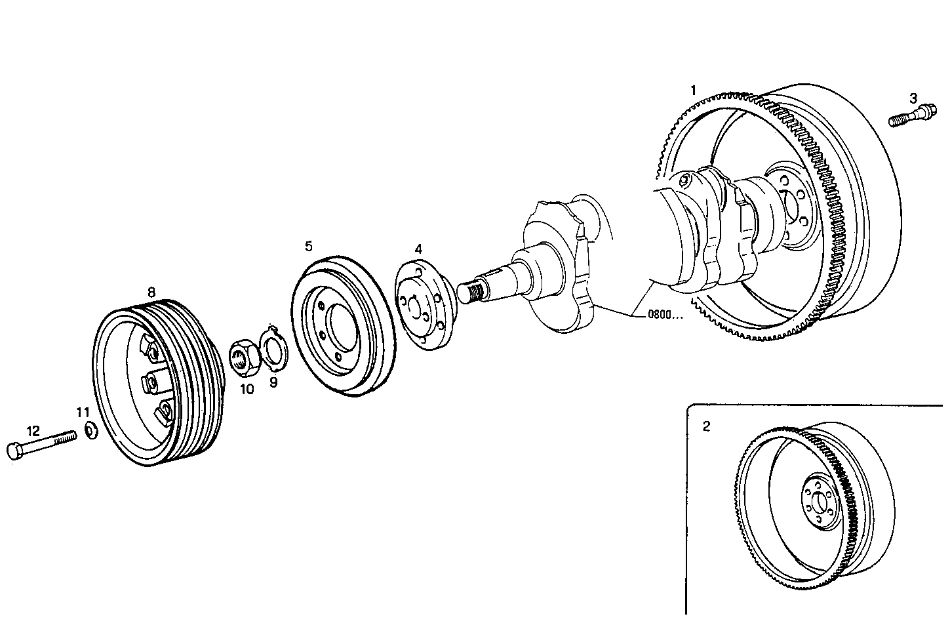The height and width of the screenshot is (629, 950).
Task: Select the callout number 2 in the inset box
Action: (706, 426)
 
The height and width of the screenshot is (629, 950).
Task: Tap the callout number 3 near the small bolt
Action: (913, 99)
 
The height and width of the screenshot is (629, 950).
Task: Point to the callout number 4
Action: (418, 249)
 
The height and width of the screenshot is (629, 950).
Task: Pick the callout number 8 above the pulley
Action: (151, 291)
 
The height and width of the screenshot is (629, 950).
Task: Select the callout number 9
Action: (273, 382)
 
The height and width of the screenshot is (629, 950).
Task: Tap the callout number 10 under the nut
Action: (247, 389)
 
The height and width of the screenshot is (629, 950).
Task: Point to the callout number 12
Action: (33, 431)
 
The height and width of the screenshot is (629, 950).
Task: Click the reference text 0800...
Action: (665, 314)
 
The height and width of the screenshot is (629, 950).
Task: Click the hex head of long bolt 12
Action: (14, 451)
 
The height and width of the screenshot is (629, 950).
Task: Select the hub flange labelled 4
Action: (420, 306)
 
